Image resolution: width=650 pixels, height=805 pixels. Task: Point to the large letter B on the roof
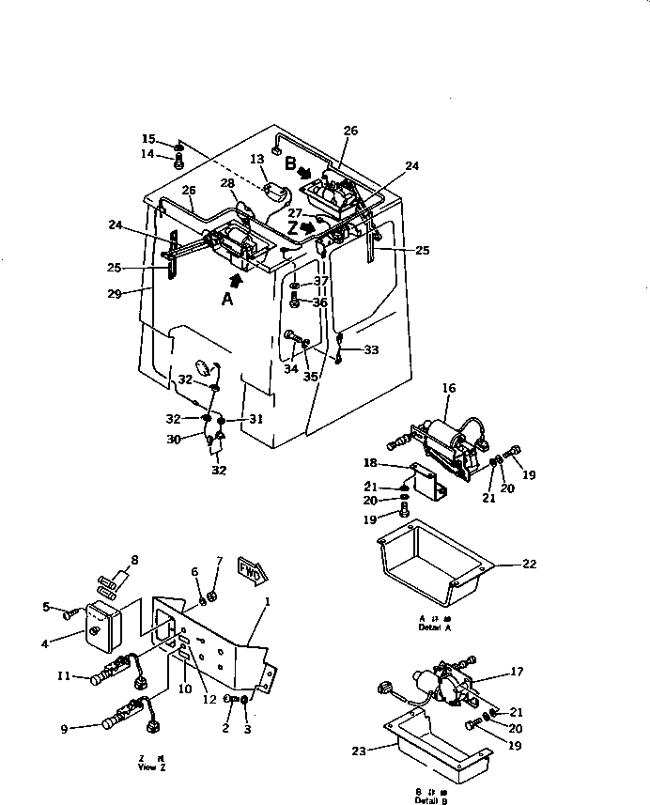pos(290,163)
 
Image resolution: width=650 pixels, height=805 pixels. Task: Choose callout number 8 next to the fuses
pos(133,560)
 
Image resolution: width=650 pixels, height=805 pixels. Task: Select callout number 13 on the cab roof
pos(258,161)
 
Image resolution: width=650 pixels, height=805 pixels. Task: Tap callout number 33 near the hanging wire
pos(372,350)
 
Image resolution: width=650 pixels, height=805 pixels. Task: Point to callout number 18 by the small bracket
pos(371,463)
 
